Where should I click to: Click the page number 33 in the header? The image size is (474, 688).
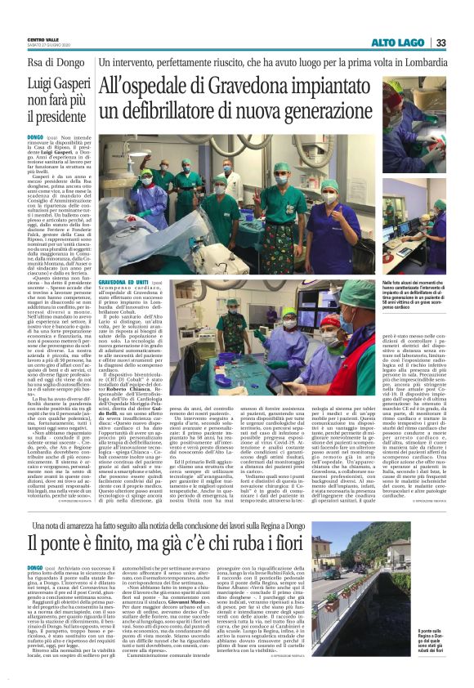coord(440,42)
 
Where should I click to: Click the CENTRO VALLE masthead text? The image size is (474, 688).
coord(43,39)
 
